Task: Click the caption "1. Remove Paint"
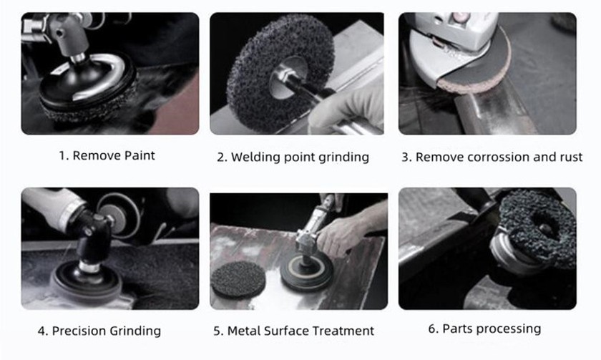point(107,155)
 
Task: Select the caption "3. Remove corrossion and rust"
point(492,157)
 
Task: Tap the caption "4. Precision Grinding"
point(99,331)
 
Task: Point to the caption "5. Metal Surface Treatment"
point(293,331)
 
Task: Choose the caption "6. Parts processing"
point(484,329)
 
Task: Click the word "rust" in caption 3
point(570,157)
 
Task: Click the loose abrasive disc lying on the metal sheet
point(240,278)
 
